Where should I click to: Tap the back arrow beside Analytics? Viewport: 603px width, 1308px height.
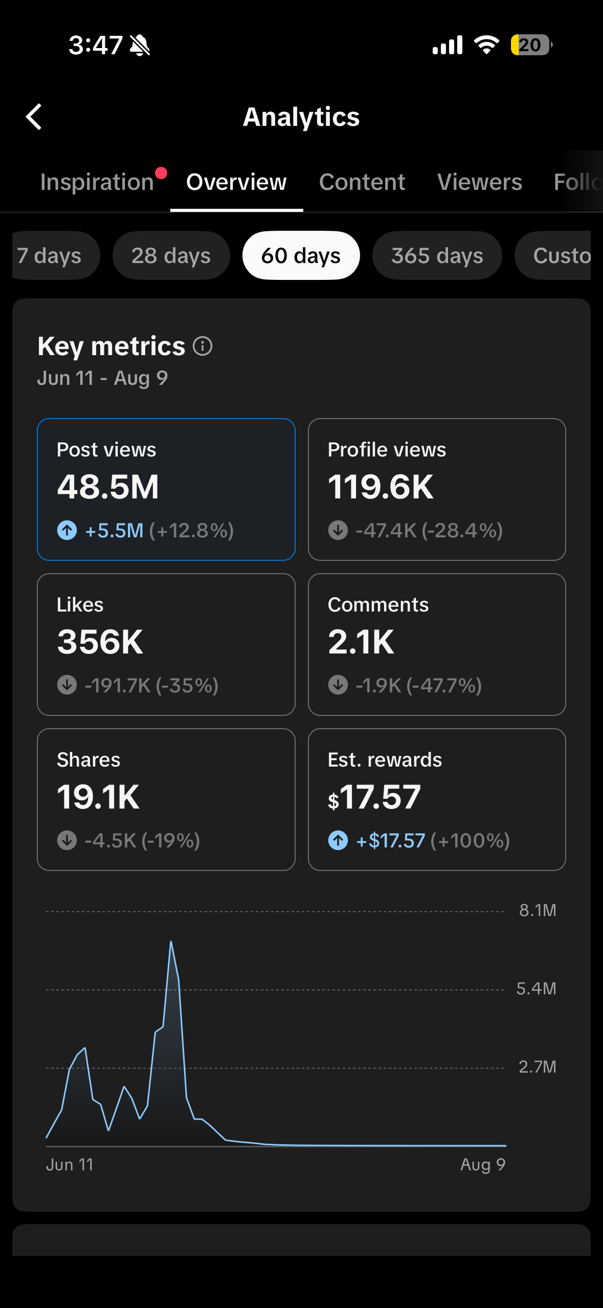34,117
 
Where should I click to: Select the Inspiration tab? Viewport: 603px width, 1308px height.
97,182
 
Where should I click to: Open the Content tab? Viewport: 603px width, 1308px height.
362,182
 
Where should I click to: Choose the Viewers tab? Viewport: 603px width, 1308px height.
480,182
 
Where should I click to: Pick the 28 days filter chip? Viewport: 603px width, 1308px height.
171,255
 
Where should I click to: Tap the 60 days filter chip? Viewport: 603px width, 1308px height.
301,255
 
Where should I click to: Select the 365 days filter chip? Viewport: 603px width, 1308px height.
437,255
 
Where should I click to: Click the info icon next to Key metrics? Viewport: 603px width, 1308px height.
203,346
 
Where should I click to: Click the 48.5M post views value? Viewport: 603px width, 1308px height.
108,487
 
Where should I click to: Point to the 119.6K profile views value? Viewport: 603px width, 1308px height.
381,487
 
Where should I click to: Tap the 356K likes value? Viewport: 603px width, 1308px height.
100,642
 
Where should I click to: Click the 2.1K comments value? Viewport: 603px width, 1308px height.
361,642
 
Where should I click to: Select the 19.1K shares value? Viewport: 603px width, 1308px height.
98,797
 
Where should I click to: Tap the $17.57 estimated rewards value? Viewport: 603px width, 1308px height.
374,797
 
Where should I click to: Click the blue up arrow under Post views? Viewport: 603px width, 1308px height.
67,530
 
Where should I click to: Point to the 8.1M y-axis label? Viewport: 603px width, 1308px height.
538,910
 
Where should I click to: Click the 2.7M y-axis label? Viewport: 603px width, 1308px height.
538,1067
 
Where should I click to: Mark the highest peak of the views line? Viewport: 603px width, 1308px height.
171,942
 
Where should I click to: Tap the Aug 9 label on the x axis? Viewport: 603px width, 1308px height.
483,1165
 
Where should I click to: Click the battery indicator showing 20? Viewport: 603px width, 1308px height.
531,45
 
